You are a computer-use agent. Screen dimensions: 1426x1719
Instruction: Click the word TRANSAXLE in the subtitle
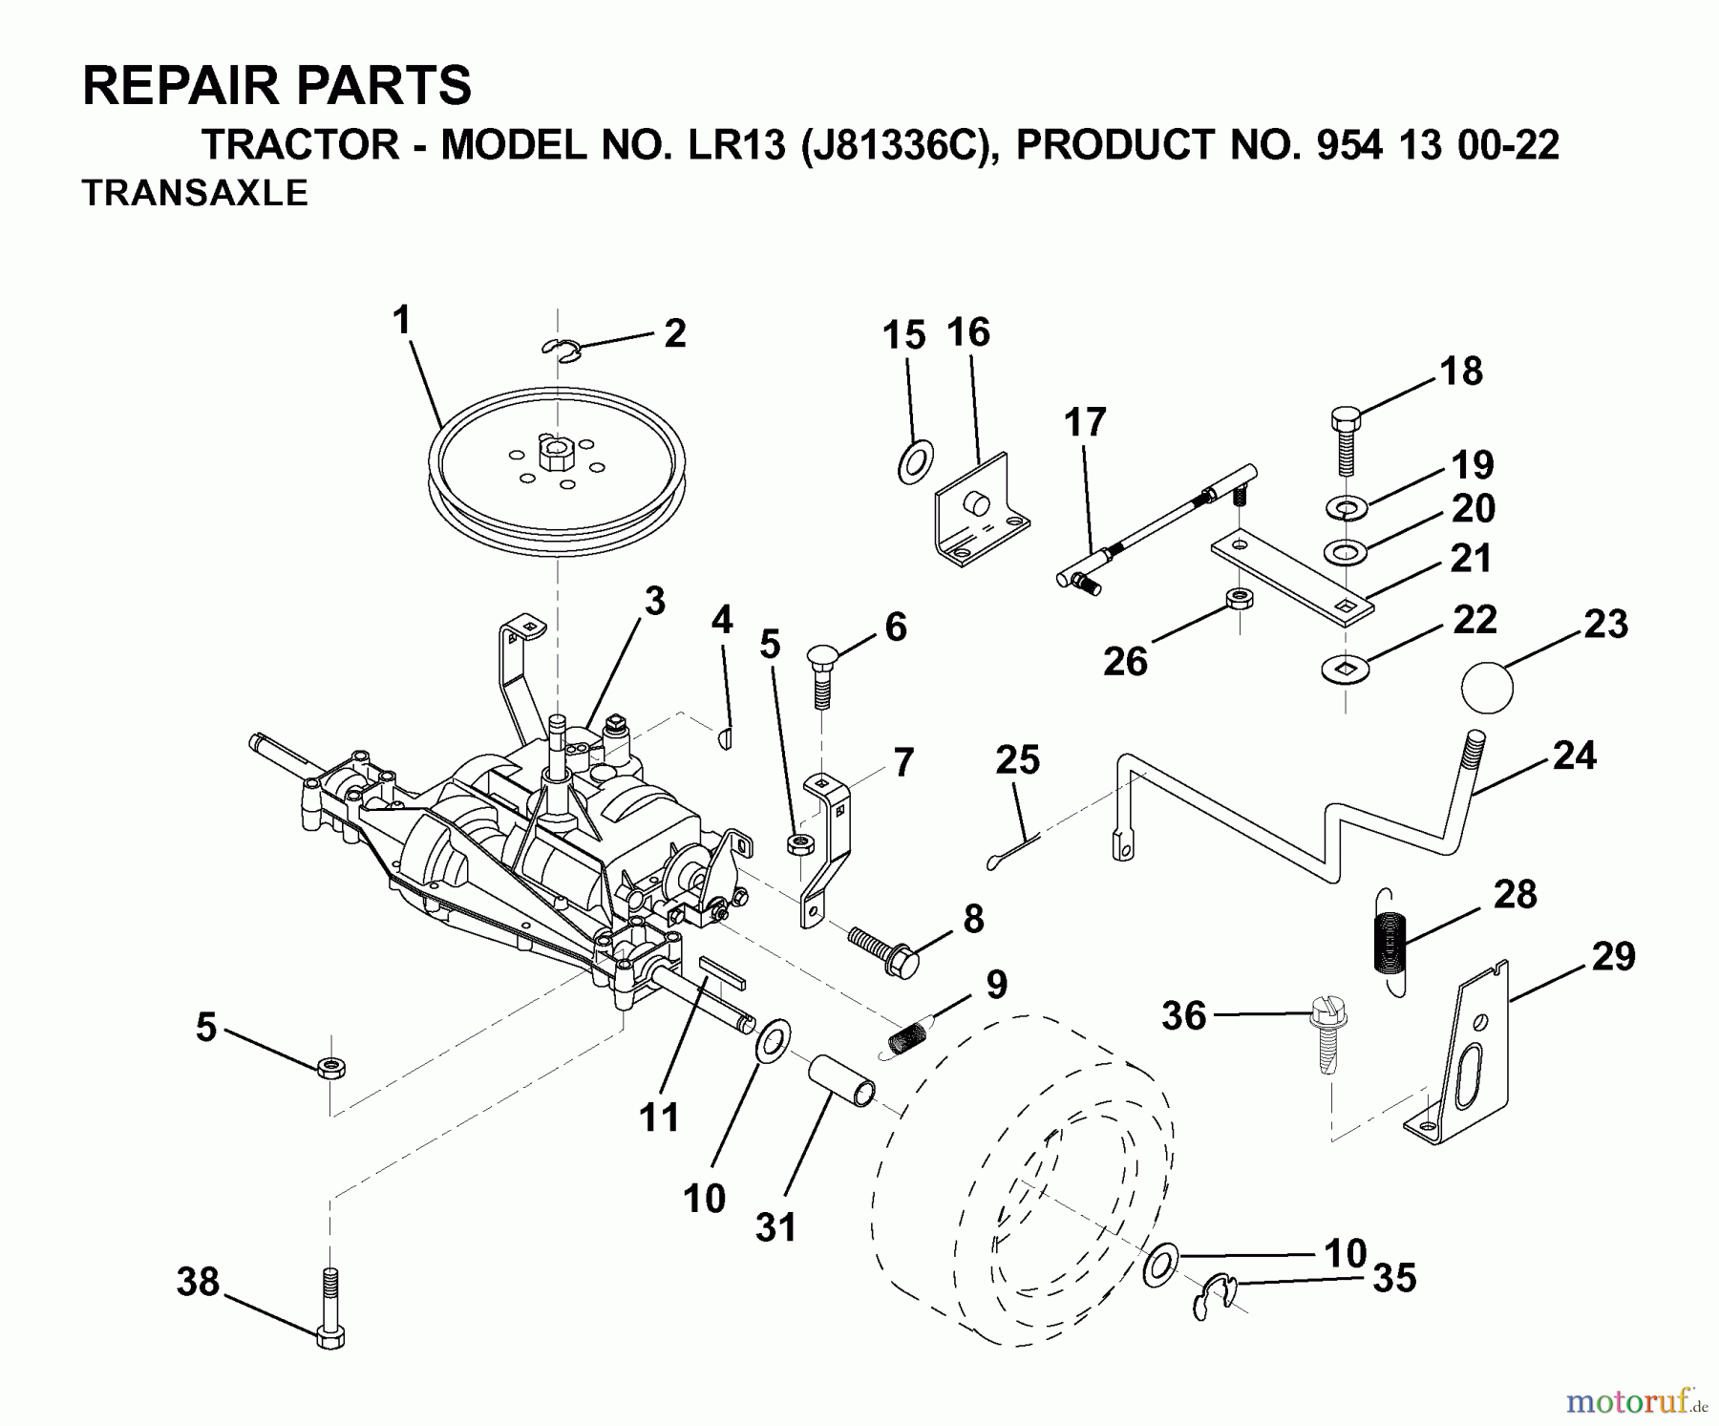(195, 193)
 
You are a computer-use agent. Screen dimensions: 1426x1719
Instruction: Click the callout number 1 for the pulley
(401, 320)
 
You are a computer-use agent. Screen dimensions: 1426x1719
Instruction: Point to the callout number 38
(198, 1282)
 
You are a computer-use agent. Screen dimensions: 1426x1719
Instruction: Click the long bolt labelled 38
(329, 1309)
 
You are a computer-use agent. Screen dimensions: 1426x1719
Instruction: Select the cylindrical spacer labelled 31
(842, 1080)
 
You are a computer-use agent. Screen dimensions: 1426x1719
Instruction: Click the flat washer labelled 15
(916, 462)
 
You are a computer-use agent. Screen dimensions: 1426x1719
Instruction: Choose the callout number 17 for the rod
(1085, 422)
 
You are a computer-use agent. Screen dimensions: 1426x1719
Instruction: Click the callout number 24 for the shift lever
(1574, 756)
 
